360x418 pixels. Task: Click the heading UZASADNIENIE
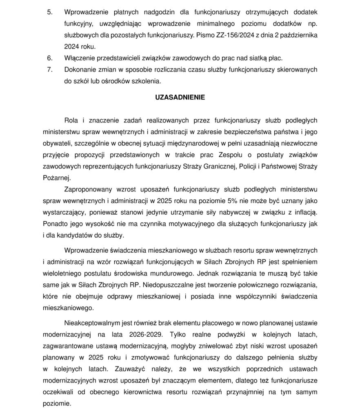pyautogui.click(x=180, y=98)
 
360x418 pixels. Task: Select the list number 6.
pyautogui.click(x=50, y=58)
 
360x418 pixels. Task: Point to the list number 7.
pyautogui.click(x=50, y=70)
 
